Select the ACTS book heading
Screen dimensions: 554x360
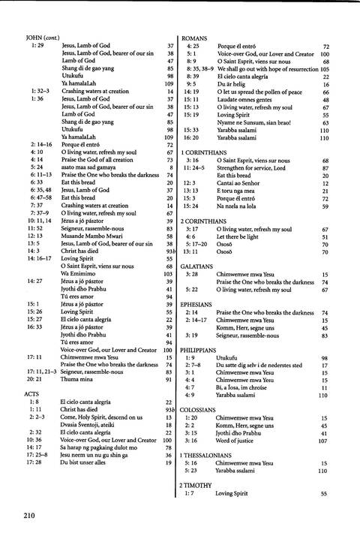click(31, 392)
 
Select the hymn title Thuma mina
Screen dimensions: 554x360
click(79, 380)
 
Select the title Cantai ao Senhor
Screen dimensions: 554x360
click(243, 182)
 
